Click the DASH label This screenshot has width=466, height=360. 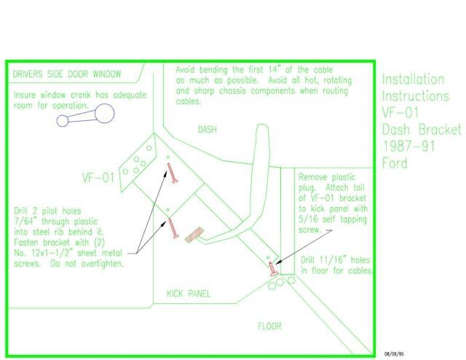(x=207, y=130)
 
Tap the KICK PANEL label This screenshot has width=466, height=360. (x=189, y=294)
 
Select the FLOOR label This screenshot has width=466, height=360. (x=269, y=326)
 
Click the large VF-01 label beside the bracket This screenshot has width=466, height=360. (x=98, y=178)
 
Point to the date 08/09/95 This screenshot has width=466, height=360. (x=394, y=354)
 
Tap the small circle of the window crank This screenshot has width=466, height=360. (x=63, y=121)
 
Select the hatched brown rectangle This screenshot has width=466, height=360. (x=194, y=235)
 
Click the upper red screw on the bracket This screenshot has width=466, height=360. (x=172, y=173)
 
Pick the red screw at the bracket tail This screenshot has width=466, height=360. (x=273, y=269)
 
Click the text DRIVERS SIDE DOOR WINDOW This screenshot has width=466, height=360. (x=67, y=74)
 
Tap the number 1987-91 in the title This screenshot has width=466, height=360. (x=408, y=146)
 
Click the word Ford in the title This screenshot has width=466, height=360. (x=395, y=163)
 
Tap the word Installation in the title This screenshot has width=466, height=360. (x=413, y=79)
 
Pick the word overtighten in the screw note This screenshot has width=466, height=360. (x=102, y=264)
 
